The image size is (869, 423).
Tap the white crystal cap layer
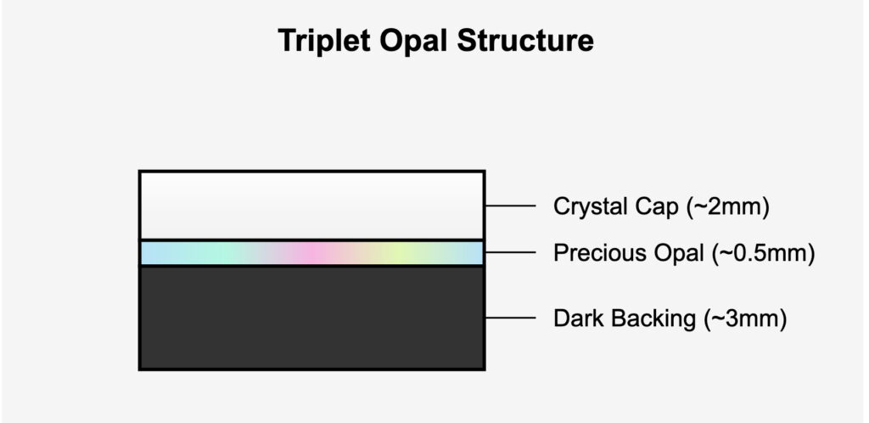311,205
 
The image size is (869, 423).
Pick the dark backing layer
311,318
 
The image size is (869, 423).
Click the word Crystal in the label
583,206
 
